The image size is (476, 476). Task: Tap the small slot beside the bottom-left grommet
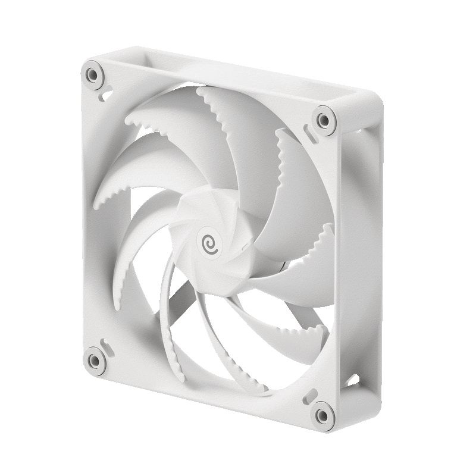(x=105, y=344)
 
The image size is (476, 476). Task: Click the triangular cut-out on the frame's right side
(x=354, y=378)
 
